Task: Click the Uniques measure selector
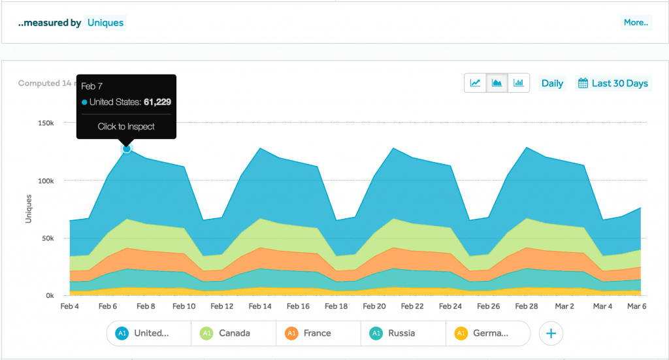click(105, 23)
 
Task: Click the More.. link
click(635, 23)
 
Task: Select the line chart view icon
click(476, 83)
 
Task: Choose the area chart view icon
click(497, 83)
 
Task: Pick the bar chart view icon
click(519, 83)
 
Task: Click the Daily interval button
click(552, 84)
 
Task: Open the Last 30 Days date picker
click(613, 84)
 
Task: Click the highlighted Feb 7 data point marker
click(127, 149)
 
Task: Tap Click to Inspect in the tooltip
click(126, 127)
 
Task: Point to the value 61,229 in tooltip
click(157, 102)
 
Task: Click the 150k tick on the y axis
click(44, 123)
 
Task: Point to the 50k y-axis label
click(46, 238)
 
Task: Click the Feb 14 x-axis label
click(260, 306)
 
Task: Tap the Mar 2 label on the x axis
click(564, 306)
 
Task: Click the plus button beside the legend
click(551, 333)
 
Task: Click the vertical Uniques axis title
click(29, 209)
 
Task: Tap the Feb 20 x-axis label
click(374, 306)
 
